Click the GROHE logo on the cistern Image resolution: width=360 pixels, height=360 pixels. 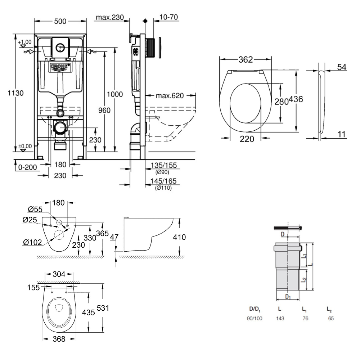(x=60, y=67)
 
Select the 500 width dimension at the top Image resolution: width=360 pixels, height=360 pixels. (x=60, y=22)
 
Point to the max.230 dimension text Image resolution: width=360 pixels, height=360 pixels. (x=109, y=18)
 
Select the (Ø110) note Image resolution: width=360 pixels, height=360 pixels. (x=163, y=188)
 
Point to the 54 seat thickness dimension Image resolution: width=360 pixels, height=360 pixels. (x=342, y=67)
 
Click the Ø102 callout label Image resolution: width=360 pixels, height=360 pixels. (x=31, y=242)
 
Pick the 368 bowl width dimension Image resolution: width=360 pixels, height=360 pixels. (x=59, y=339)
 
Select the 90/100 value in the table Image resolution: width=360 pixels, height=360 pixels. (x=255, y=319)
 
